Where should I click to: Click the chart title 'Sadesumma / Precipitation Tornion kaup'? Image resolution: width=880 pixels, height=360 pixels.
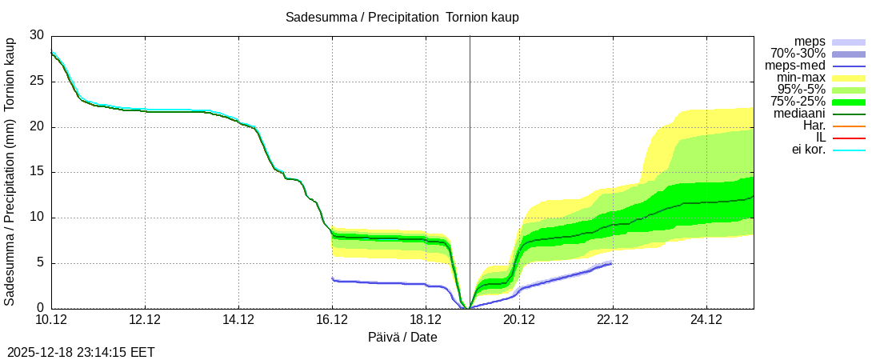click(x=402, y=17)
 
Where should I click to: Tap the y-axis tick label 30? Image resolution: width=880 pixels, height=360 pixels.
click(x=37, y=35)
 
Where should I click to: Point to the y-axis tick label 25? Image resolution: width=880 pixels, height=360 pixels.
click(x=37, y=81)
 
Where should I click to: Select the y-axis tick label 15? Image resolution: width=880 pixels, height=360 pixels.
click(x=37, y=172)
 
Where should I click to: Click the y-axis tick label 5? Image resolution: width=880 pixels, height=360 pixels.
click(x=41, y=263)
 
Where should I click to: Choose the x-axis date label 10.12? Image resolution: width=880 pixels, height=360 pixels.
click(x=51, y=320)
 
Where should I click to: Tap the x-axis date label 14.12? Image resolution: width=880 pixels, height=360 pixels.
click(x=238, y=320)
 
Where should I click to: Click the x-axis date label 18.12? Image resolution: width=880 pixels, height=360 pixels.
click(x=426, y=320)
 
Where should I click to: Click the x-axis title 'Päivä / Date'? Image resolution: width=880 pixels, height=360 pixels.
click(x=402, y=337)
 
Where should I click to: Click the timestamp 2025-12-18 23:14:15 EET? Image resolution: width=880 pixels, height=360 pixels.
click(x=81, y=352)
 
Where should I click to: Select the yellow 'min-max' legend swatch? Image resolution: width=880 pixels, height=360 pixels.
click(x=849, y=78)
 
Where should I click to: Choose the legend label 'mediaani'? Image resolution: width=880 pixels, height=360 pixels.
click(x=798, y=114)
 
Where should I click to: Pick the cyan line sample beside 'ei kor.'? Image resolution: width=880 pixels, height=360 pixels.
click(x=849, y=150)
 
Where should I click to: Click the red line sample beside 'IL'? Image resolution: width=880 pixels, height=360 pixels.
click(x=849, y=138)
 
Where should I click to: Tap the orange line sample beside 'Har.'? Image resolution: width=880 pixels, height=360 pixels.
click(x=849, y=126)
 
